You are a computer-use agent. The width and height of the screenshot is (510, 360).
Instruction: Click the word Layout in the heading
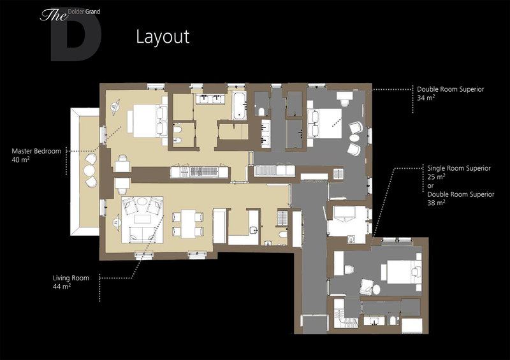pos(163,37)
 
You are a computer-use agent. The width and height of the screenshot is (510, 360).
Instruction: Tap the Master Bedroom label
pos(36,151)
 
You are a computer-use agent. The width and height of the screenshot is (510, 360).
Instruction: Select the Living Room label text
pos(71,278)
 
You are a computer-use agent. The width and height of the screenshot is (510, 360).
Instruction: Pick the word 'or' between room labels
pos(430,186)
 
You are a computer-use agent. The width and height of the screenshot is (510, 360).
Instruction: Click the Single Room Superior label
pos(458,168)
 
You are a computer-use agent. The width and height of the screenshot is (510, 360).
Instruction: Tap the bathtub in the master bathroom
pos(239,105)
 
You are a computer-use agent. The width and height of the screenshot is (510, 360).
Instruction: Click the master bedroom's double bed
pos(147,120)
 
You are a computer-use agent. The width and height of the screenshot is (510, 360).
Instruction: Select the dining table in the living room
pos(188,224)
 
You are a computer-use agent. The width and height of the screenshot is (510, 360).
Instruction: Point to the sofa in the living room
pos(142,235)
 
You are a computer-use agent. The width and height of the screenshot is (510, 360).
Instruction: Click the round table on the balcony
pos(89,170)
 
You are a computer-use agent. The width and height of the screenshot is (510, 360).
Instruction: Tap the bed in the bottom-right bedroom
pos(401,271)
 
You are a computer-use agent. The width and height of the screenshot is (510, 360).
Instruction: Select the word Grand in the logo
pos(92,12)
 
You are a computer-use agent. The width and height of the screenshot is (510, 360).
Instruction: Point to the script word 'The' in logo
pos(54,15)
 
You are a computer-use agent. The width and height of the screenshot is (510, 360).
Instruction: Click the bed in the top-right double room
pos(324,123)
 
